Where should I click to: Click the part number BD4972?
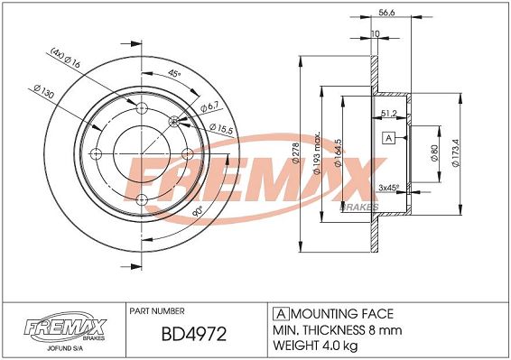click(x=194, y=334)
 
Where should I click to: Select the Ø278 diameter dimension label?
click(x=296, y=152)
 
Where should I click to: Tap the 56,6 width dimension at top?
click(x=386, y=13)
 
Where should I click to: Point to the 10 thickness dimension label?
click(x=375, y=33)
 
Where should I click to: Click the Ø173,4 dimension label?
click(x=455, y=153)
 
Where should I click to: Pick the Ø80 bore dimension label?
click(x=433, y=153)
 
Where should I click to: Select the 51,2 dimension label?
click(x=389, y=114)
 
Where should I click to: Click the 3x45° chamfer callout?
click(x=389, y=188)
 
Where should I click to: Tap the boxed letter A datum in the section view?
click(x=388, y=138)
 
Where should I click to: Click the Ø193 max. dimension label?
click(x=317, y=152)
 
